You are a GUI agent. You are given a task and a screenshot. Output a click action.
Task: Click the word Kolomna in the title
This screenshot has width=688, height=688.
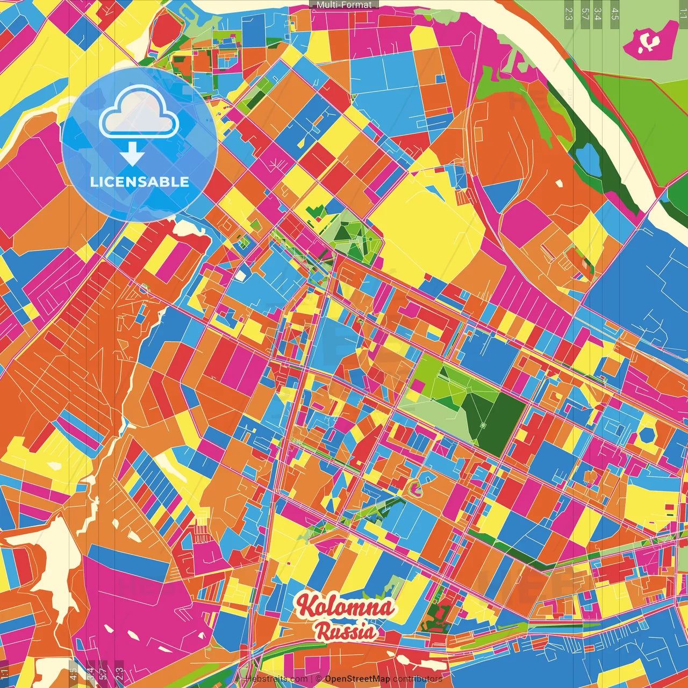point(346,606)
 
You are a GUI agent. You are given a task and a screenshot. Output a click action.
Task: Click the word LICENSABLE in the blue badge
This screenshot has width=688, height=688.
point(140,182)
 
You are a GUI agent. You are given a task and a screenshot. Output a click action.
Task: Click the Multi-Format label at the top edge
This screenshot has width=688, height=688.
point(344,5)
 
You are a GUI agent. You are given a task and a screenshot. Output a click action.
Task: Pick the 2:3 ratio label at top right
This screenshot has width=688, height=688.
point(569,13)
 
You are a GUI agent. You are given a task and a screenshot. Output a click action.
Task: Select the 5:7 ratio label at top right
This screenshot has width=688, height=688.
point(585,13)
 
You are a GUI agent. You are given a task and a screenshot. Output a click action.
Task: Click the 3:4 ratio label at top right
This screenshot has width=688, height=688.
point(598,13)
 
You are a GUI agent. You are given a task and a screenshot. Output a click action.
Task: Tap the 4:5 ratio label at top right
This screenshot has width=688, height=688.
point(615,13)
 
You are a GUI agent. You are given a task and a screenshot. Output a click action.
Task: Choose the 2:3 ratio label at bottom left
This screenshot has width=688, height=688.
point(119,673)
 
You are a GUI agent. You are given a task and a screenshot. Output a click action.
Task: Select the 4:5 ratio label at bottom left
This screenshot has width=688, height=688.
point(73,673)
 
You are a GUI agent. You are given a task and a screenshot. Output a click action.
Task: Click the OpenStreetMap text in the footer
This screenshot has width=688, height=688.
point(357,679)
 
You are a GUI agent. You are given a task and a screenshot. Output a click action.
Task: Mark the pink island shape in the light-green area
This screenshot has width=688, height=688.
point(651,40)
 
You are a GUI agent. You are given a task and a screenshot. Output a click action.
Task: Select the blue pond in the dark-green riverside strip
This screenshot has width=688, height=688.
point(588,159)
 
